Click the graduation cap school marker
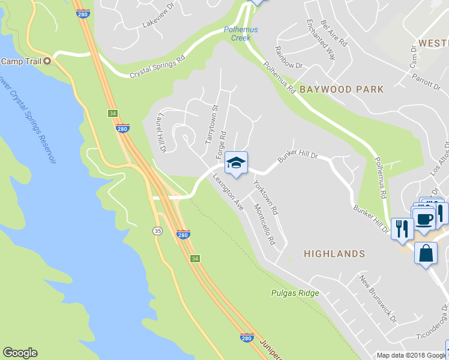point(237,163)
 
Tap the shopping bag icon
point(425,253)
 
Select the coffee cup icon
point(424,218)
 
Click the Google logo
point(20,353)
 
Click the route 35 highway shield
point(157,230)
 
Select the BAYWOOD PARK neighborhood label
point(341,89)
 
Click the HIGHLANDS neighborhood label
point(334,254)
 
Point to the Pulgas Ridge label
point(294,293)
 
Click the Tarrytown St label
point(210,124)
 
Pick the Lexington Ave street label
point(228,191)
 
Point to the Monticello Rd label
point(264,224)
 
